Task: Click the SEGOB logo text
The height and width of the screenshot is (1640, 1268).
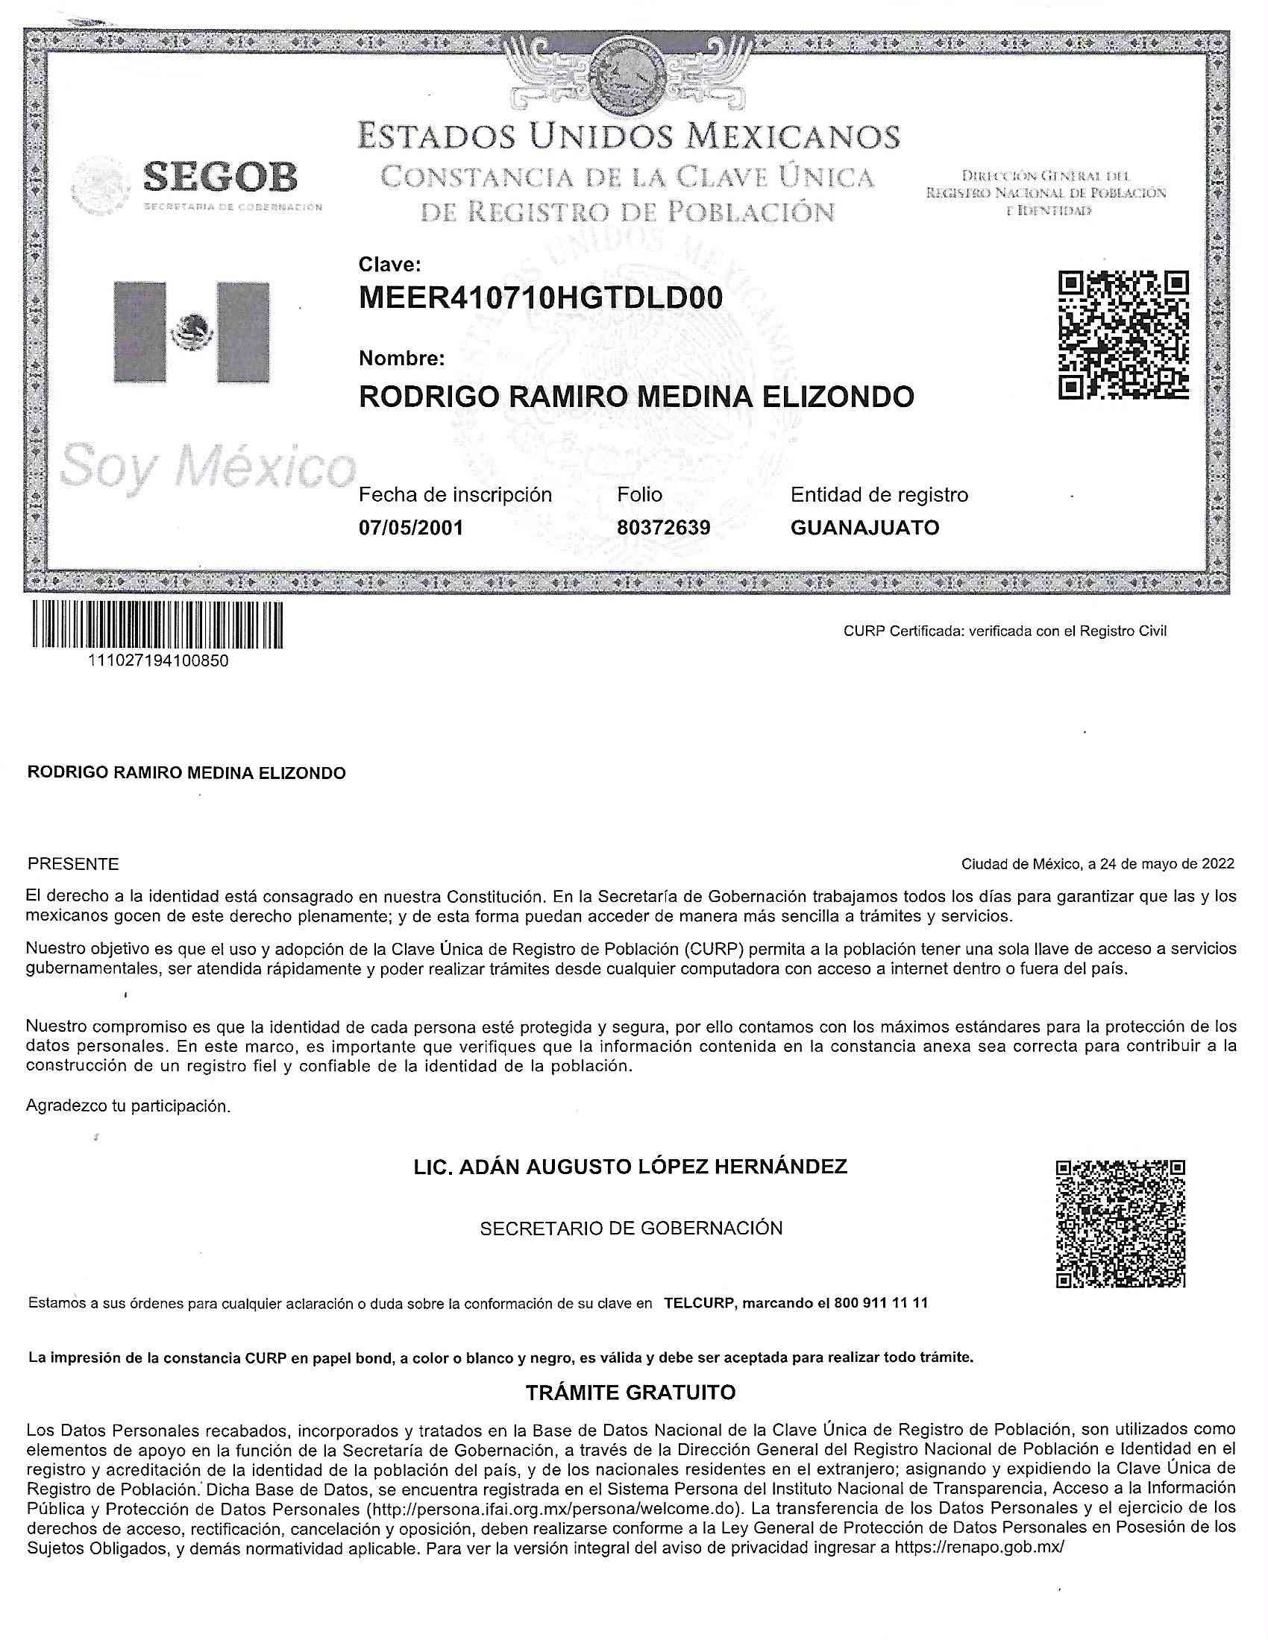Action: (219, 178)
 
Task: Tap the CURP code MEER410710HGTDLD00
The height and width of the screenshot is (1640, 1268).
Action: (541, 299)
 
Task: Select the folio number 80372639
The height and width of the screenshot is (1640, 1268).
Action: (663, 528)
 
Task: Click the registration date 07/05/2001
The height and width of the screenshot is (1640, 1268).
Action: (411, 528)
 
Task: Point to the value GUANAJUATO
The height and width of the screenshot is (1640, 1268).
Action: (864, 528)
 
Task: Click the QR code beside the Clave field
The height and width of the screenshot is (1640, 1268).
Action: (1123, 335)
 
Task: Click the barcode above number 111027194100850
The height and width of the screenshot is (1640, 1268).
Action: (157, 624)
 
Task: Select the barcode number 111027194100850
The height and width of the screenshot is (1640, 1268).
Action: (158, 661)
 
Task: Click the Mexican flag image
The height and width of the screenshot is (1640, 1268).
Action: (191, 332)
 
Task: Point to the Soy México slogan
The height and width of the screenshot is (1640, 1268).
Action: (206, 467)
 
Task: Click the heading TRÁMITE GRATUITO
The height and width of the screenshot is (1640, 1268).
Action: (630, 1393)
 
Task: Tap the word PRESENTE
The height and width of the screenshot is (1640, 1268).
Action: (73, 864)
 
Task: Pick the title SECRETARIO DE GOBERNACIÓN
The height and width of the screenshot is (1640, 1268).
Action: (631, 1229)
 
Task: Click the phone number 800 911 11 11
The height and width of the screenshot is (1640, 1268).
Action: (880, 1304)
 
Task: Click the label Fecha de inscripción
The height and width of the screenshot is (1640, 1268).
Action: (455, 495)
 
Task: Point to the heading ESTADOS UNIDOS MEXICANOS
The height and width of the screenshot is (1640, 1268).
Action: (628, 136)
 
